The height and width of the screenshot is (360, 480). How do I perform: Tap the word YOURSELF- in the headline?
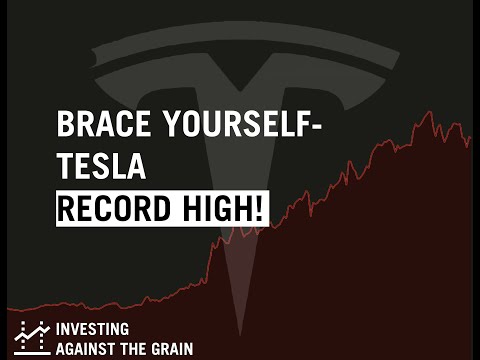pyautogui.click(x=224, y=127)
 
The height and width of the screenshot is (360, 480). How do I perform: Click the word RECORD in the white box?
pyautogui.click(x=116, y=209)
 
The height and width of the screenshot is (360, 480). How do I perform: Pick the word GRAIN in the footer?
pyautogui.click(x=171, y=349)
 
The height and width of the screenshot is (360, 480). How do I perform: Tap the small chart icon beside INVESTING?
pyautogui.click(x=32, y=338)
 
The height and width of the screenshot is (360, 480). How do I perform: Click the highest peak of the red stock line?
pyautogui.click(x=428, y=112)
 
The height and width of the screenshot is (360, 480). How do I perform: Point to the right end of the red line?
pyautogui.click(x=470, y=137)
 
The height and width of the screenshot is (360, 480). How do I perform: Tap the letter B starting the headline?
pyautogui.click(x=65, y=127)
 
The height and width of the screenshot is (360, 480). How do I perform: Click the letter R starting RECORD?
pyautogui.click(x=66, y=209)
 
